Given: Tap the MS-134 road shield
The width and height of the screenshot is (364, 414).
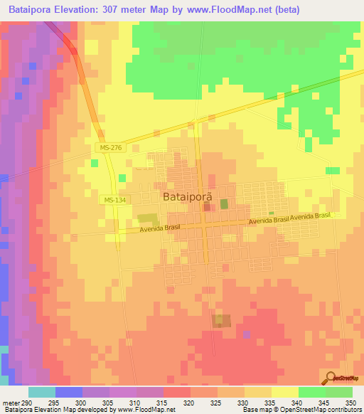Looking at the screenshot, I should tap(114, 201).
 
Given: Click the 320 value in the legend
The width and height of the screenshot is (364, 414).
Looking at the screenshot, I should tap(188, 402).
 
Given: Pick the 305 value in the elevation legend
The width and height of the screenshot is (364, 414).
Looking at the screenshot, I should tap(107, 402).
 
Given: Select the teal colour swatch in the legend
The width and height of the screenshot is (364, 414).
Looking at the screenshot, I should tap(41, 392).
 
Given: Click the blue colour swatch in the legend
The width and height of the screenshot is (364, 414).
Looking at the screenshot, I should tap(68, 392).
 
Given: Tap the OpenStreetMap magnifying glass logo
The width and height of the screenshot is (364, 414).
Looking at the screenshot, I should tap(331, 378).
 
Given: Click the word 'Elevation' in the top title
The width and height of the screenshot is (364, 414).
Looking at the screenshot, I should tap(80, 10).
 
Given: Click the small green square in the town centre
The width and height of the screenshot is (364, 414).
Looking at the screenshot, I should tap(225, 204).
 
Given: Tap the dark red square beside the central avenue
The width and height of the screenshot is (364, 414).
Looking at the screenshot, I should tap(207, 207).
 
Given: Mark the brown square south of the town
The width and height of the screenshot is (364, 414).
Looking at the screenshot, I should tap(223, 321).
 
